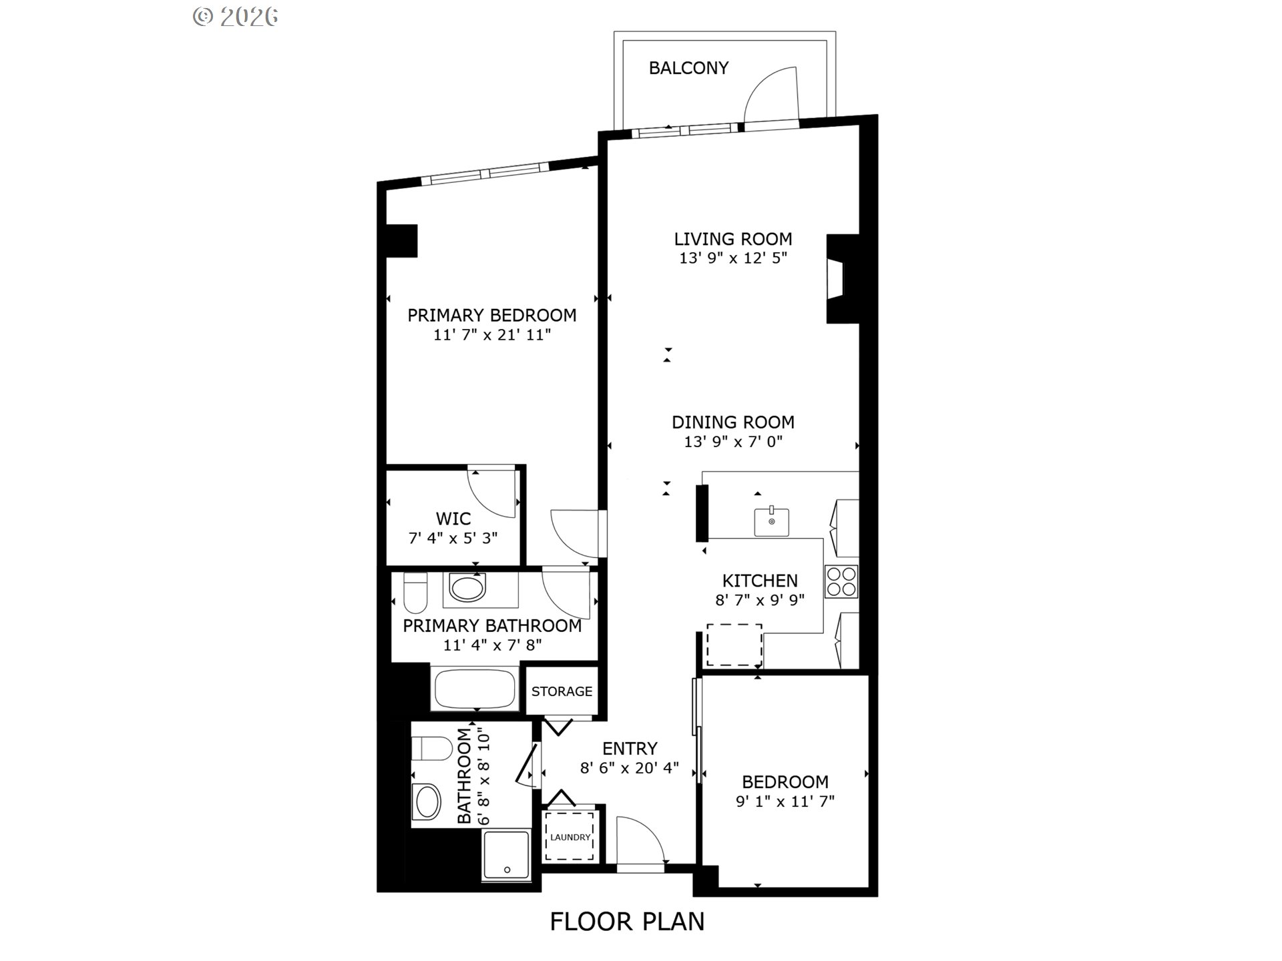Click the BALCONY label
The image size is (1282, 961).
[688, 68]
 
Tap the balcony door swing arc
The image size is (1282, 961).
[768, 93]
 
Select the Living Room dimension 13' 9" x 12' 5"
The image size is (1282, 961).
[733, 258]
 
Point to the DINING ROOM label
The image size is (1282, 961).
[732, 422]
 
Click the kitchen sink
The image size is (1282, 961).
[772, 521]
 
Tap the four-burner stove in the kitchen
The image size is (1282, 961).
[841, 581]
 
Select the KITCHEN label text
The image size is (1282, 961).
[760, 581]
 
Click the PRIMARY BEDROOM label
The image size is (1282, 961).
[492, 315]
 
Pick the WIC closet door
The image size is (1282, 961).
[492, 493]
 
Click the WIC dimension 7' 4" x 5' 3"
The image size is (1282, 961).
[453, 538]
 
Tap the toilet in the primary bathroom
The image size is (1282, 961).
[415, 593]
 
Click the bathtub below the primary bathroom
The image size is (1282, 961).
[475, 689]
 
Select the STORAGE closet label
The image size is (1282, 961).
[562, 691]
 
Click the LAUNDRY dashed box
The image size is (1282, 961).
[570, 836]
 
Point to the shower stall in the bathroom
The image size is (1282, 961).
[506, 856]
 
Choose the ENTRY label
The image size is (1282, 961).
[630, 748]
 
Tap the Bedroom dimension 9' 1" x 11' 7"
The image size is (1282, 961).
[785, 801]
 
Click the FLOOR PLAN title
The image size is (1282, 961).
[627, 922]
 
